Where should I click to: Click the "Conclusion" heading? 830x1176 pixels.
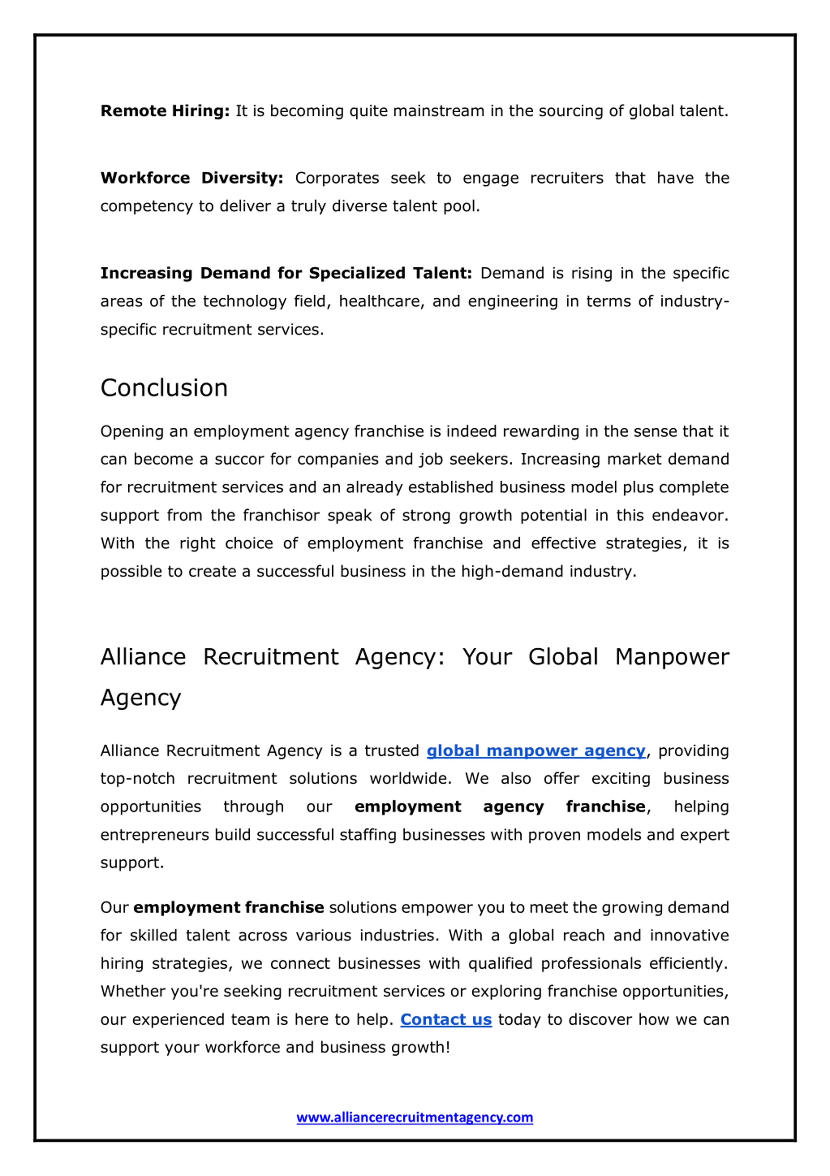(x=164, y=388)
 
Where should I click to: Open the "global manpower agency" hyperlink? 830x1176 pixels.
(x=536, y=751)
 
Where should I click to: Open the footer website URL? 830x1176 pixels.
(x=414, y=1117)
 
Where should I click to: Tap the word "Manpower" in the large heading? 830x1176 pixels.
(x=672, y=657)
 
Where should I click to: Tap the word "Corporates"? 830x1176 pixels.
(x=337, y=178)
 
